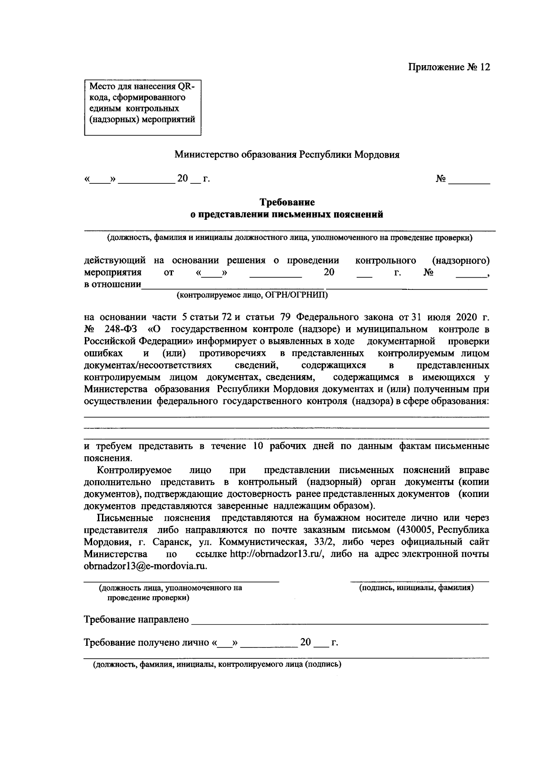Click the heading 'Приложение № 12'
click(x=449, y=67)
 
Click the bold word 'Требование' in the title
click(x=287, y=203)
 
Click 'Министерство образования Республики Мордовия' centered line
click(x=287, y=155)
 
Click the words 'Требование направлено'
click(x=137, y=620)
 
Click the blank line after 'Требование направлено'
click(x=340, y=621)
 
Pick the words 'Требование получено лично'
click(x=147, y=643)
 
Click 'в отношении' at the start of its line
click(x=112, y=285)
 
